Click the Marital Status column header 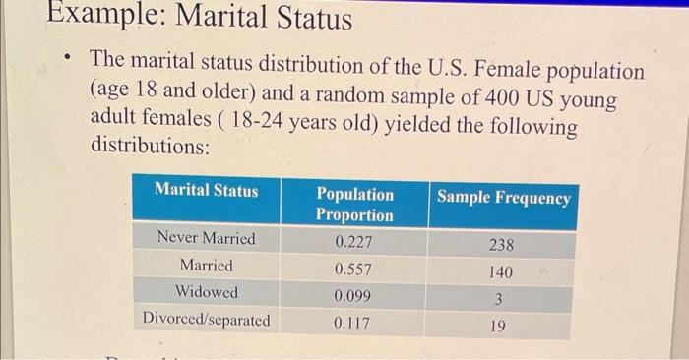207,190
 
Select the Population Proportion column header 354,204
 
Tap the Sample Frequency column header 503,198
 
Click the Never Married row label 207,238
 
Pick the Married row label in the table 207,266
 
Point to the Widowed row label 207,292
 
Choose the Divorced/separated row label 207,320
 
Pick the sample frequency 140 500,272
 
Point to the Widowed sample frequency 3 500,299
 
